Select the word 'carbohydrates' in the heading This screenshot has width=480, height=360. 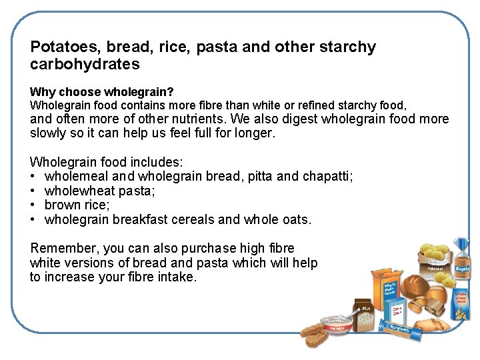pos(85,65)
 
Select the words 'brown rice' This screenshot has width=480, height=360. pos(77,205)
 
